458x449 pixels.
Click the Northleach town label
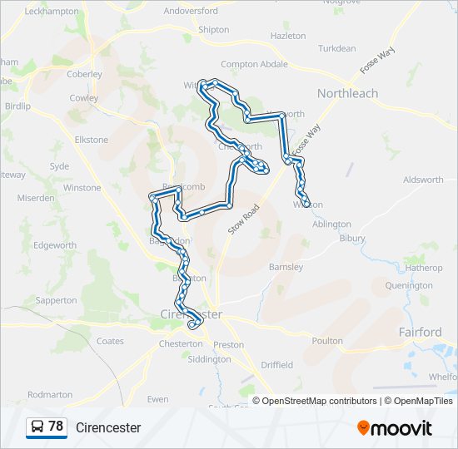point(347,94)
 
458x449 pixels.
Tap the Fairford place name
point(420,332)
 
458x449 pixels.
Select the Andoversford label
point(190,11)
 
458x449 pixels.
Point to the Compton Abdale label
point(254,65)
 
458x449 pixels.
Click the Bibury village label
point(352,239)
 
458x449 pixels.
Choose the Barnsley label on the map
point(286,267)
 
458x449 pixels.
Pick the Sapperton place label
point(57,300)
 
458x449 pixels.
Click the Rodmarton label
point(50,395)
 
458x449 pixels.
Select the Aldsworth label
point(423,180)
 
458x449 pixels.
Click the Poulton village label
point(327,341)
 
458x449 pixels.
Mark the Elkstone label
point(92,140)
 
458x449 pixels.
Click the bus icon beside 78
point(37,427)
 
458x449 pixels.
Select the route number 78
point(56,427)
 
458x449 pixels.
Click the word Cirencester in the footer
point(108,428)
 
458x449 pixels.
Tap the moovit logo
point(395,428)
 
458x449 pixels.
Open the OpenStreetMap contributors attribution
point(318,401)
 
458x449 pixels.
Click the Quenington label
point(409,285)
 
